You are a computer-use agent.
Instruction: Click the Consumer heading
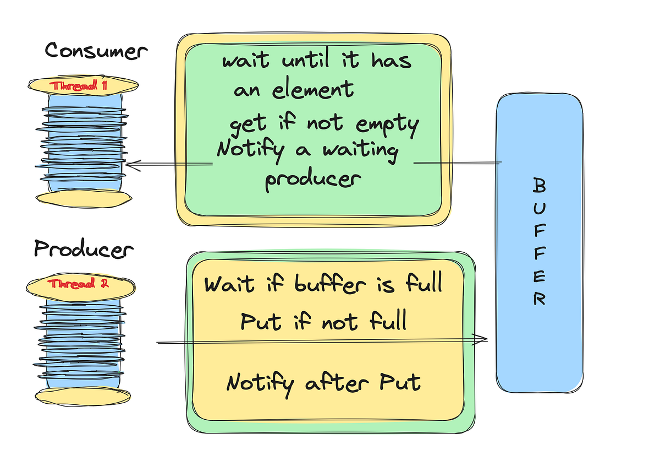click(x=96, y=51)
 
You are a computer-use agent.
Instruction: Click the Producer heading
click(x=84, y=249)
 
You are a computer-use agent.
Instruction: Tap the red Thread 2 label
click(x=81, y=284)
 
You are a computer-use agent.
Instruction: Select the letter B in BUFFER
click(x=540, y=186)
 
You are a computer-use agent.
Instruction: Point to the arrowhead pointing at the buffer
click(x=482, y=339)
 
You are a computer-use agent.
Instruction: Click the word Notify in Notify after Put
click(x=260, y=383)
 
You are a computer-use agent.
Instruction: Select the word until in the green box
click(x=310, y=60)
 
